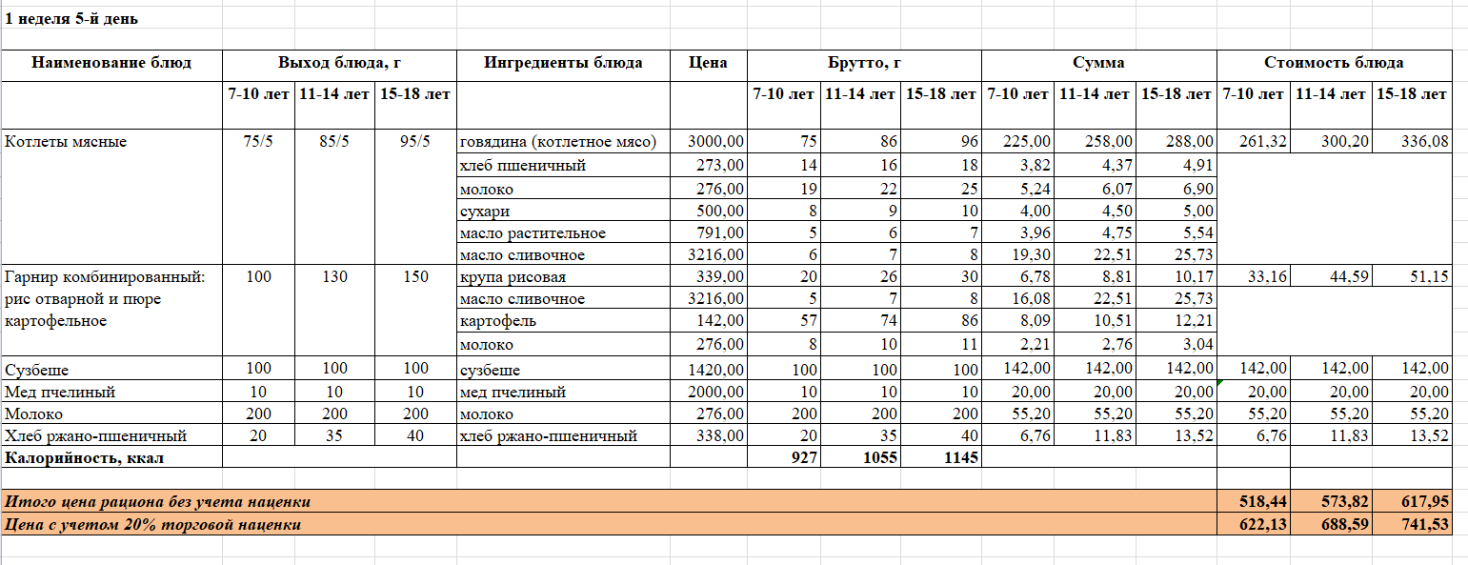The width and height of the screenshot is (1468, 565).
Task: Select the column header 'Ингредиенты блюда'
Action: [x=563, y=63]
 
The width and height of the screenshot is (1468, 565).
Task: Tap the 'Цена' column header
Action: [x=708, y=63]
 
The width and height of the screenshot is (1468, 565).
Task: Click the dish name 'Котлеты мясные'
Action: [x=66, y=142]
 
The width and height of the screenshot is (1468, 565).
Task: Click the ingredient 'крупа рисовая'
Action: [x=513, y=277]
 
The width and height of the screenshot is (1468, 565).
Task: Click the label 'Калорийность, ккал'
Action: [x=86, y=458]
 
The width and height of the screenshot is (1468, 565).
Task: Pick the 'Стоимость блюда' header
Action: [x=1333, y=63]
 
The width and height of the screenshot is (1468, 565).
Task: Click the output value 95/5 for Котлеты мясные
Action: [x=415, y=142]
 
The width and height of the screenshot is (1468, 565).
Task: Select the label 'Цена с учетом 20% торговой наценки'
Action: [x=153, y=524]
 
